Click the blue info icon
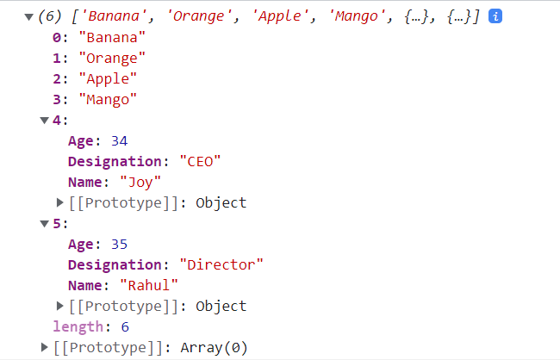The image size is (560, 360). [x=495, y=16]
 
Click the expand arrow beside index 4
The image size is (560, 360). [x=44, y=121]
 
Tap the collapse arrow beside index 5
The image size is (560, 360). [x=44, y=224]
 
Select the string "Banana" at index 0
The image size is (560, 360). [x=112, y=38]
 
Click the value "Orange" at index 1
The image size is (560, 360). [x=112, y=59]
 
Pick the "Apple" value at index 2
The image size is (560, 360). [x=108, y=79]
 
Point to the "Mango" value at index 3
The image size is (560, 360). [x=108, y=100]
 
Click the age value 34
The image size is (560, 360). [x=119, y=141]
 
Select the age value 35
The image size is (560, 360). [x=119, y=245]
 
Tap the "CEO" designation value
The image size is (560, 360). [x=201, y=162]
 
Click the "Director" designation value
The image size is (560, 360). [x=221, y=265]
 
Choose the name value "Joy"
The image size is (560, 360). [x=140, y=183]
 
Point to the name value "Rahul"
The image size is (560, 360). [x=149, y=286]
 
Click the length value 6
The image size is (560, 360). [x=125, y=327]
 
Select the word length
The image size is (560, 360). [x=78, y=327]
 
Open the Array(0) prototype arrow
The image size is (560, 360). [x=44, y=347]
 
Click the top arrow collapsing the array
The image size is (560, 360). [x=29, y=16]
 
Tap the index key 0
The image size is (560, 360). [x=57, y=38]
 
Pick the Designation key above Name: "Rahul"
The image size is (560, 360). [x=115, y=265]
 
